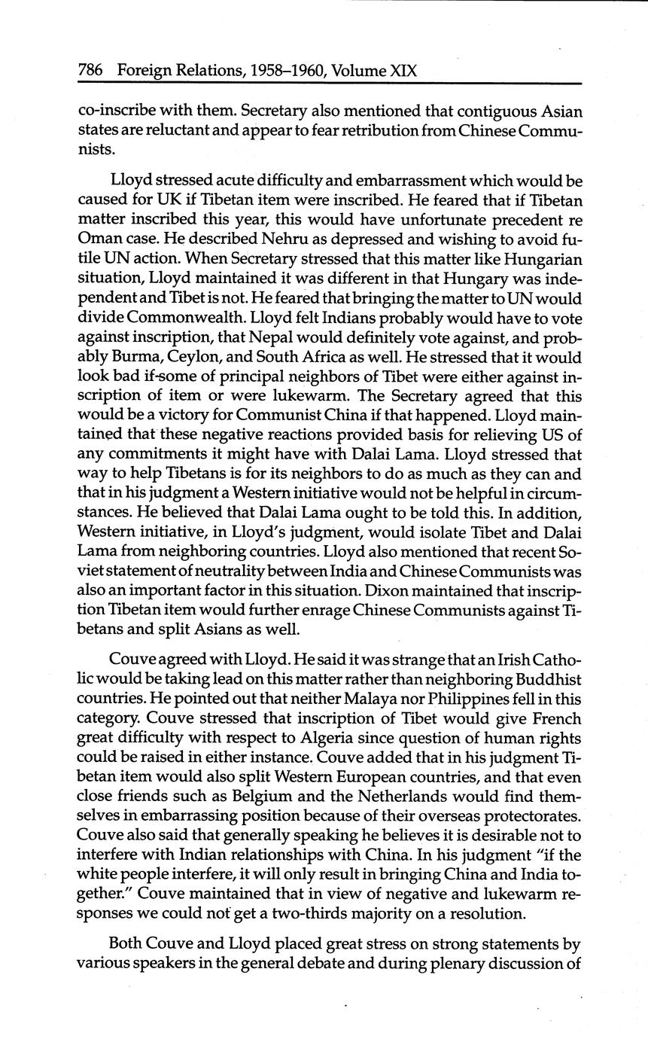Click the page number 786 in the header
(x=90, y=72)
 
